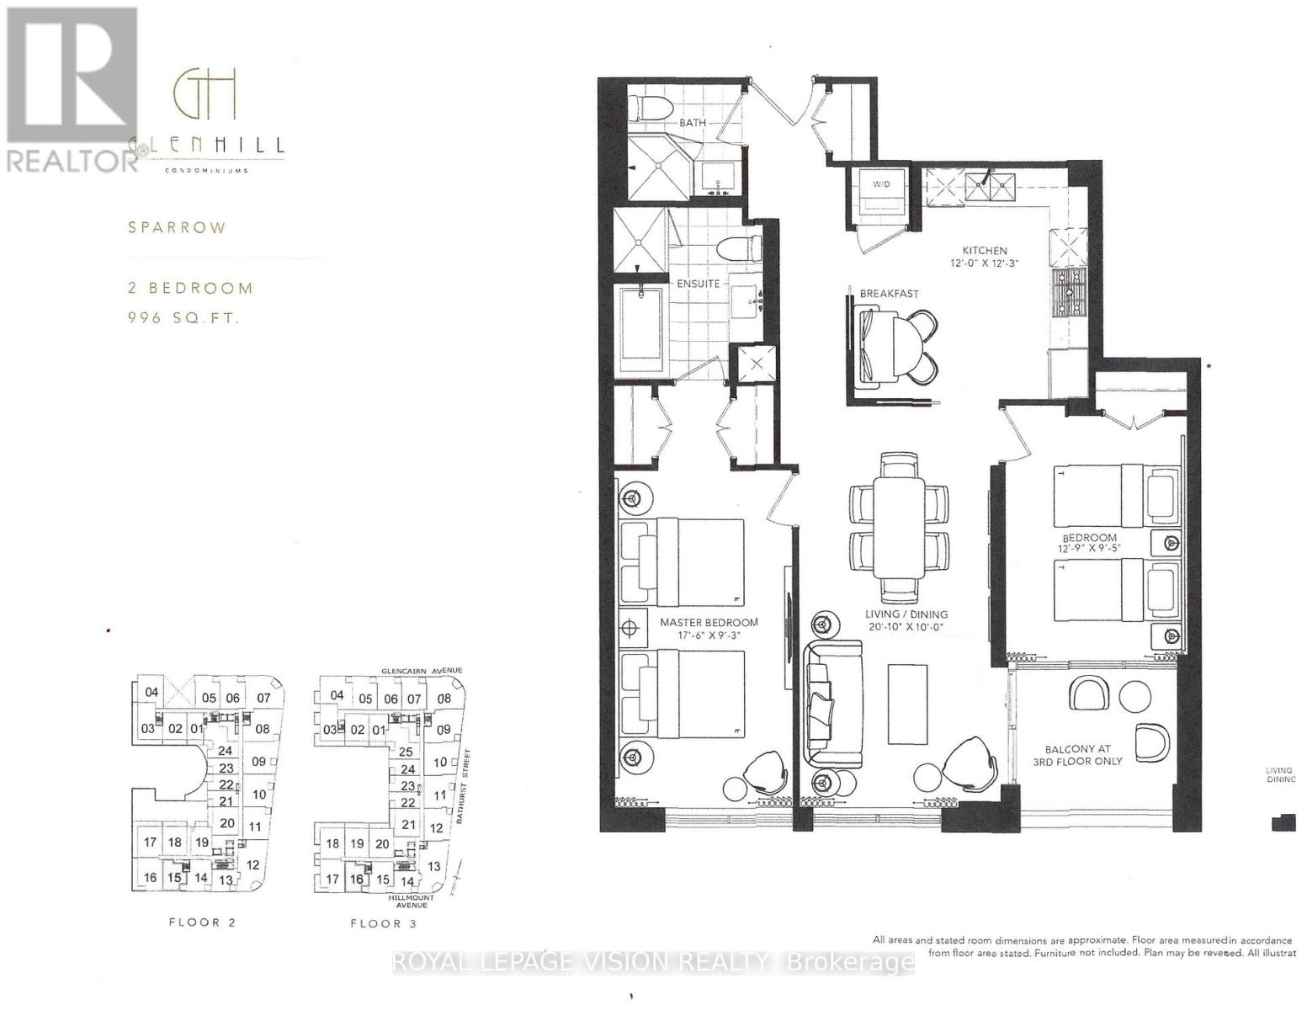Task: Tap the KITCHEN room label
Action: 986,250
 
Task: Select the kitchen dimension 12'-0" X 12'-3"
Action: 986,263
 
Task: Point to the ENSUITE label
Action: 698,284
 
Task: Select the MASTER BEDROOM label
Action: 709,623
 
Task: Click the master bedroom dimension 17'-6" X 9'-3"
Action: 709,636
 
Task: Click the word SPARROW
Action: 177,228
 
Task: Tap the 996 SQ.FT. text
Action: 183,318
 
